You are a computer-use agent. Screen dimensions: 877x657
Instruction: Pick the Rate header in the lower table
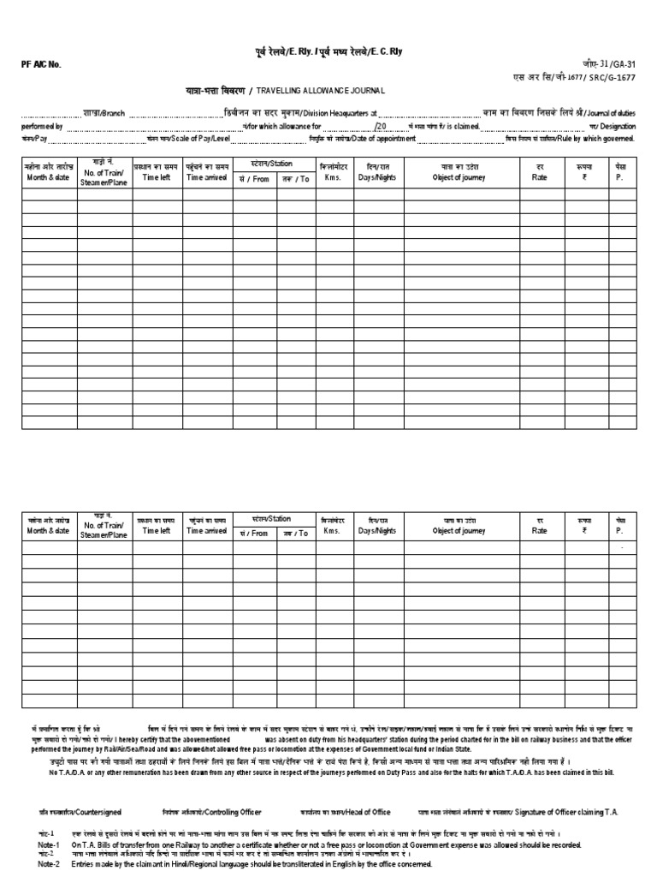pos(539,531)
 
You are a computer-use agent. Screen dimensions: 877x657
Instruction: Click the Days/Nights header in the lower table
pos(377,531)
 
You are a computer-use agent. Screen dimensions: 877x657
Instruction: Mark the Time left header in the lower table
pos(157,531)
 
